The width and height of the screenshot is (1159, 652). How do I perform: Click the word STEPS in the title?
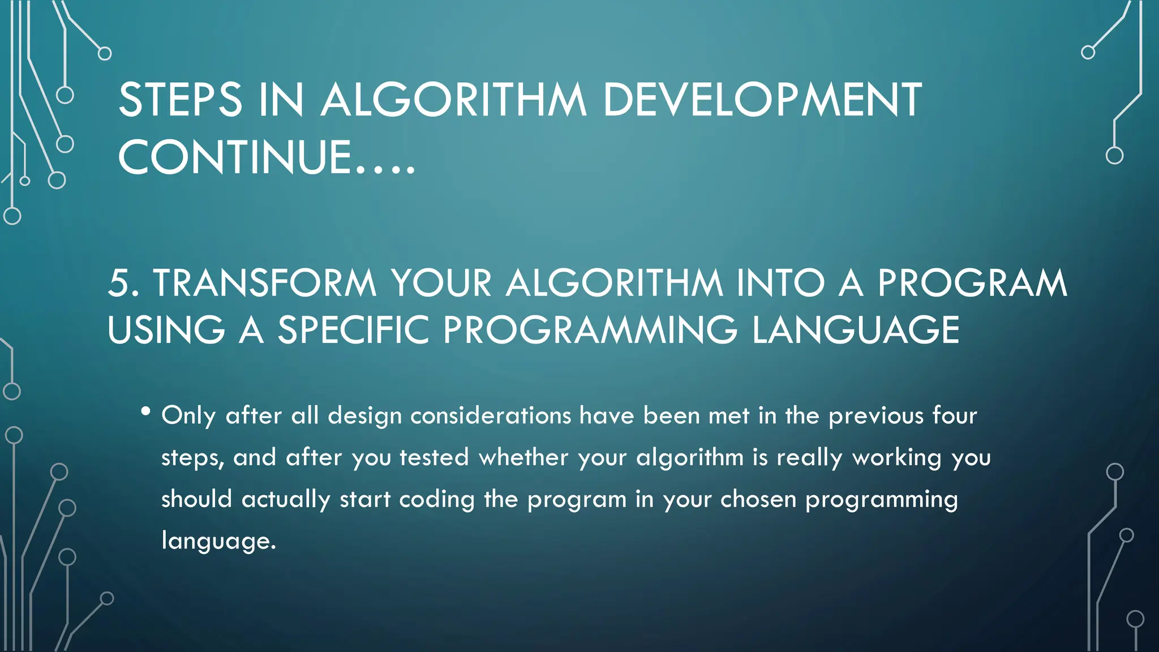(x=180, y=100)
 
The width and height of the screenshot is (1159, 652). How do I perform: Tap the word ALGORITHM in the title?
(x=453, y=100)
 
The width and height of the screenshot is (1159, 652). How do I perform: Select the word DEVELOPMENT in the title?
(x=762, y=100)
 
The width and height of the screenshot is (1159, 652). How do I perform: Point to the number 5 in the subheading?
(x=119, y=283)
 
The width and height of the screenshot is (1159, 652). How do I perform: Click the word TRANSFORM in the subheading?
(x=264, y=283)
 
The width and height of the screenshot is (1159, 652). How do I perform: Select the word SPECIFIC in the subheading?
(x=354, y=330)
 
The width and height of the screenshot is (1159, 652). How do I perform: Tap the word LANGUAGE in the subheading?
(x=856, y=330)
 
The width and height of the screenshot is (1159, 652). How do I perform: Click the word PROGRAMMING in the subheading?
(x=590, y=330)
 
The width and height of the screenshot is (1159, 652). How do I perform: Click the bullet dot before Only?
(x=146, y=411)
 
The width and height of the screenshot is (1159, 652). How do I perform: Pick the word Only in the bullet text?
(x=188, y=416)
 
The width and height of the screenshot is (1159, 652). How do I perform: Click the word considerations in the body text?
(x=491, y=416)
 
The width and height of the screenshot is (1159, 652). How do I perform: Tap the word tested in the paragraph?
(x=434, y=457)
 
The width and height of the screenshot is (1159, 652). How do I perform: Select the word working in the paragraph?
(x=896, y=457)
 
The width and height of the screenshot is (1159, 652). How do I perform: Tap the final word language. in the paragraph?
(x=218, y=541)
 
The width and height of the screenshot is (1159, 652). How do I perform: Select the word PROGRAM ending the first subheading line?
(x=972, y=283)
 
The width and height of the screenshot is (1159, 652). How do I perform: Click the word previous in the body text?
(x=876, y=416)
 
